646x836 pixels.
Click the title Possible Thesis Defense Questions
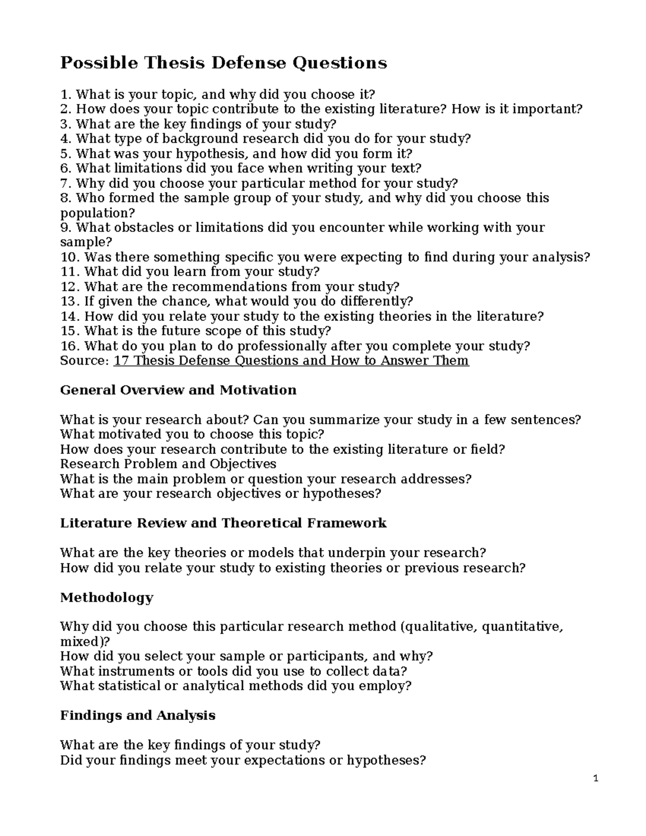pyautogui.click(x=223, y=63)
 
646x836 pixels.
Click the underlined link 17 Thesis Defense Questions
pyautogui.click(x=291, y=360)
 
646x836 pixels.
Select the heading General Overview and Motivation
pyautogui.click(x=178, y=390)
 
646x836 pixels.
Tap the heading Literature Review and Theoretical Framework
pyautogui.click(x=223, y=523)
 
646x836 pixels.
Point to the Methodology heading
pyautogui.click(x=107, y=597)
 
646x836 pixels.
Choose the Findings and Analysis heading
pyautogui.click(x=138, y=715)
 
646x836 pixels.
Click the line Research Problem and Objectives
pyautogui.click(x=168, y=464)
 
